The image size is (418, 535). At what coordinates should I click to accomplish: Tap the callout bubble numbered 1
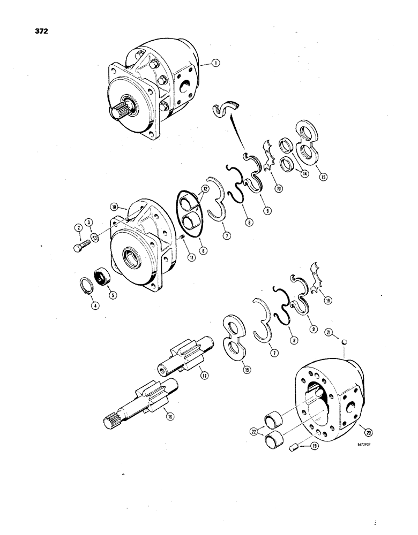point(215,63)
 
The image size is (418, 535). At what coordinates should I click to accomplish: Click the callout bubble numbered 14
point(305,173)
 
